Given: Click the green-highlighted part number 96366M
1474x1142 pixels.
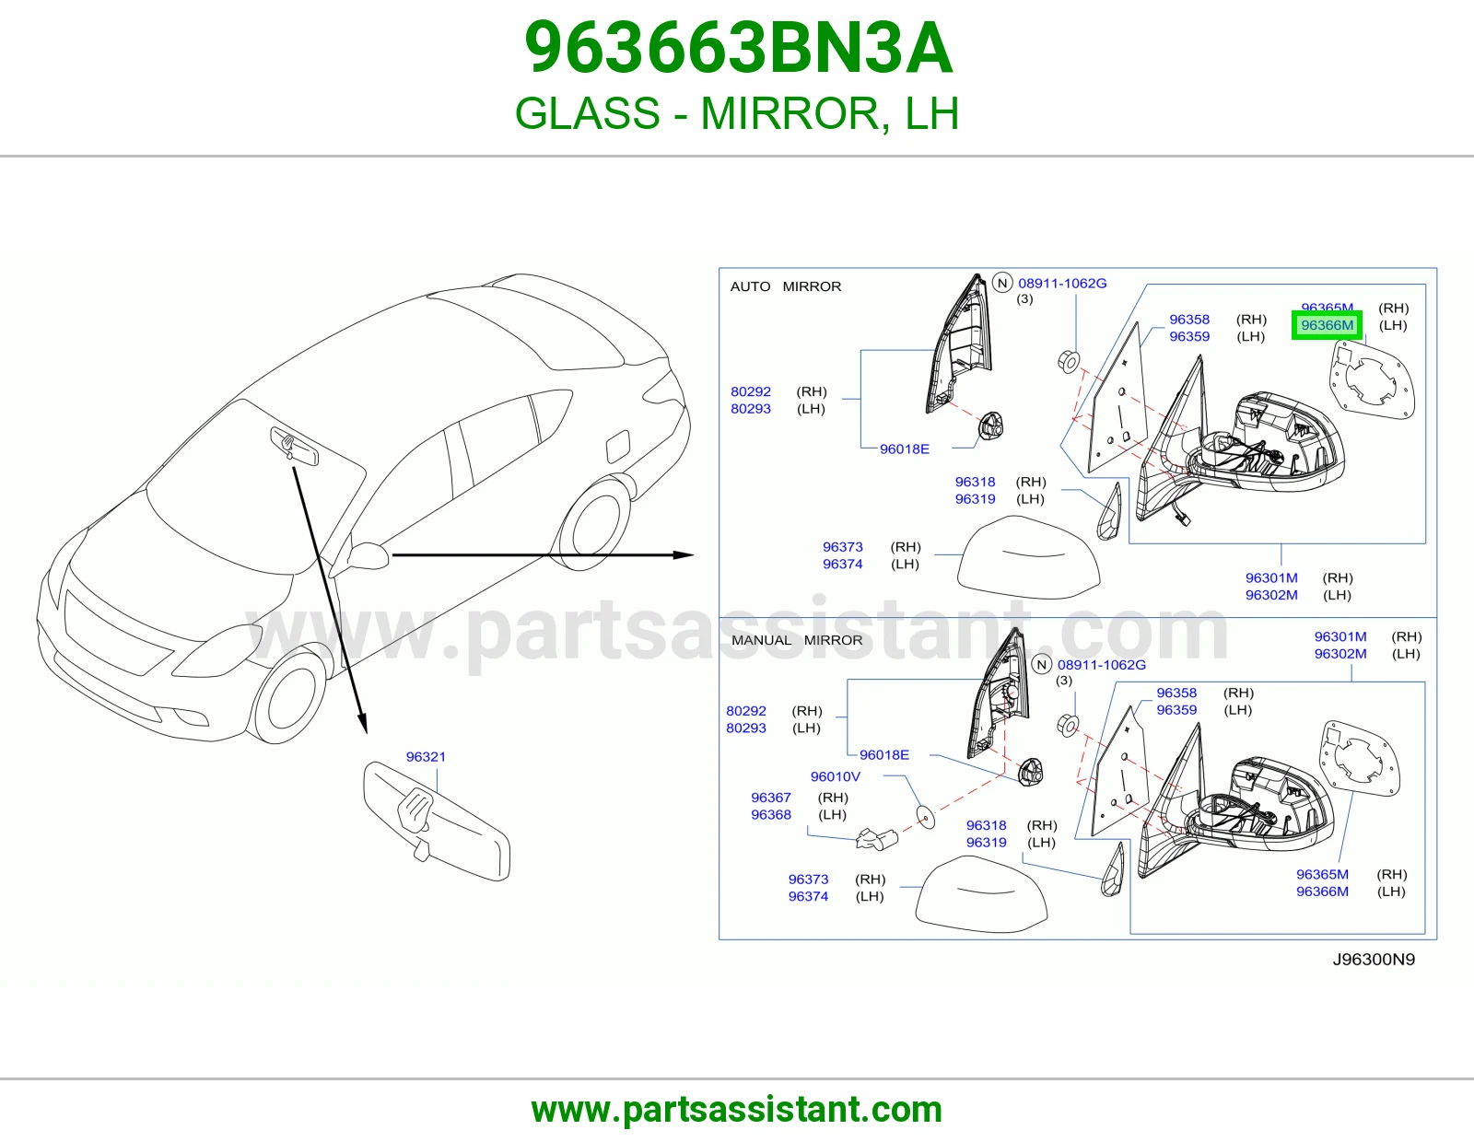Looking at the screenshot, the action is (1327, 325).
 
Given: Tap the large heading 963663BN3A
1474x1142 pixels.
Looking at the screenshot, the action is (738, 48).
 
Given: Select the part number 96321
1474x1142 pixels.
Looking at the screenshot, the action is (426, 757).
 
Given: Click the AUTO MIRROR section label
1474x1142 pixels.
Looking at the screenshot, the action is (786, 286).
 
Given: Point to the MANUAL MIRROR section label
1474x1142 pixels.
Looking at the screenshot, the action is (796, 640).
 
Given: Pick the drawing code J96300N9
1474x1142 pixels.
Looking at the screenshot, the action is (1374, 960).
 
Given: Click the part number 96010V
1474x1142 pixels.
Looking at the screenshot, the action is (835, 776).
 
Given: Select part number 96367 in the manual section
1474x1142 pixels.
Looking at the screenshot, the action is (770, 798).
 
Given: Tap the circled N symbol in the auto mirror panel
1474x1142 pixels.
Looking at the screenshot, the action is (1002, 283).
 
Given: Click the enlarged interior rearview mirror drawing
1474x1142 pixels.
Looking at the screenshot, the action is (436, 822).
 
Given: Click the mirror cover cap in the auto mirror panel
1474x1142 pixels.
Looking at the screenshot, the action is (1028, 557).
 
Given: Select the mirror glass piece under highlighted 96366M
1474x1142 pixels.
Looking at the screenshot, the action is (1371, 379).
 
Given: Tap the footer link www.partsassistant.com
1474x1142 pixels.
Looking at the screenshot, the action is (737, 1110).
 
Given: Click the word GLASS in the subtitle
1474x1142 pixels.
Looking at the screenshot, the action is (588, 113).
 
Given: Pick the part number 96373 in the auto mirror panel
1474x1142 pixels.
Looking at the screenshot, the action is (842, 546).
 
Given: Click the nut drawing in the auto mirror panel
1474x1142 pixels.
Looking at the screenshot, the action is (1069, 361).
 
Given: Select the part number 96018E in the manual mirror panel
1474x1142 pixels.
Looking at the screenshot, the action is (883, 755).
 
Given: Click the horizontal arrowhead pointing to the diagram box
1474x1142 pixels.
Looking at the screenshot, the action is (683, 554).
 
